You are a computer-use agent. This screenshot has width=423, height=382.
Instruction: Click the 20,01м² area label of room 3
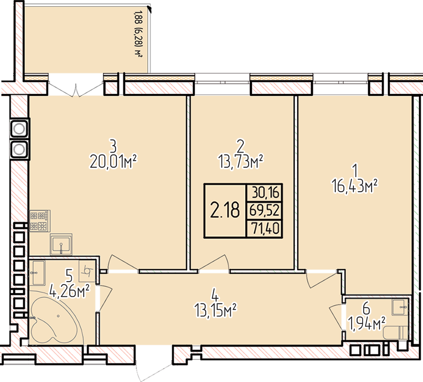tap(113, 162)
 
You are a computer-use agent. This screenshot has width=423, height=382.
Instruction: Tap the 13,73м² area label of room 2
tap(241, 162)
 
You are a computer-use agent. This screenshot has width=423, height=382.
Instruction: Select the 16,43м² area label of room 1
tap(355, 186)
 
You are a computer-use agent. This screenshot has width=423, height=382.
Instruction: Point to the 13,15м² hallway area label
tap(215, 311)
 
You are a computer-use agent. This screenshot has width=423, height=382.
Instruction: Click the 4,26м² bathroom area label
tap(69, 291)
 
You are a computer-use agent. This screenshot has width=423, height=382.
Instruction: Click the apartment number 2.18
tap(225, 210)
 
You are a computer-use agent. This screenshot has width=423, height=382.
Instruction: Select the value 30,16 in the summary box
tap(266, 193)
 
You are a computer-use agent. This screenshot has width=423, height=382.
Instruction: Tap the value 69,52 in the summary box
tap(264, 210)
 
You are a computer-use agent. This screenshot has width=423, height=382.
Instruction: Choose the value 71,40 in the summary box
tap(265, 228)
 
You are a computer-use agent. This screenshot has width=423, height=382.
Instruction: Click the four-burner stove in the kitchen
tap(40, 221)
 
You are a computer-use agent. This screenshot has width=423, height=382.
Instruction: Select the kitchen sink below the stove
tap(61, 244)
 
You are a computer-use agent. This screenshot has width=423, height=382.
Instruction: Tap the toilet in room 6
tap(396, 333)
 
